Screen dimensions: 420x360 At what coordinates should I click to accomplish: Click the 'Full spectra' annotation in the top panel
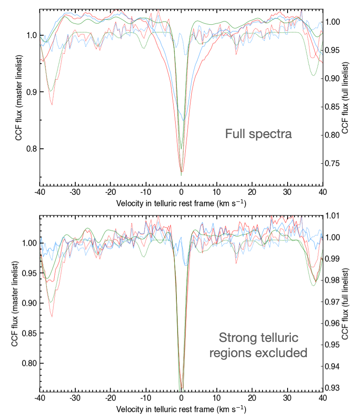[x=258, y=134]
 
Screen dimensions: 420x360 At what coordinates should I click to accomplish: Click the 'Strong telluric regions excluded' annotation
[x=258, y=346]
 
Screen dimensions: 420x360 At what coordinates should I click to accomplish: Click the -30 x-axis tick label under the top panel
[x=75, y=192]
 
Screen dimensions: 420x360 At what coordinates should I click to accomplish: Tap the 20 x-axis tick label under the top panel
[x=252, y=192]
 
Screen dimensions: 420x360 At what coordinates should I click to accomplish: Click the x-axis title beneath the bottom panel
[x=181, y=409]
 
